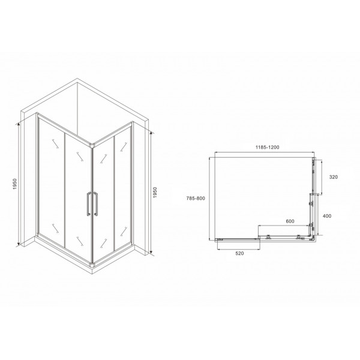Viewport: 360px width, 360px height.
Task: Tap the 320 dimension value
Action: [x=335, y=178]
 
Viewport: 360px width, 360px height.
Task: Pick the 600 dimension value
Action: [x=290, y=221]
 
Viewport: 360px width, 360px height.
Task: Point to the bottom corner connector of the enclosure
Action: [x=91, y=264]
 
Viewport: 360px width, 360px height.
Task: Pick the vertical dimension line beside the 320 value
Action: [x=322, y=177]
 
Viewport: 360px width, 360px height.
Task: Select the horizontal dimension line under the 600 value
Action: [x=286, y=226]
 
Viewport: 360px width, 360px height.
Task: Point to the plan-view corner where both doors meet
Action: [x=311, y=238]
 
